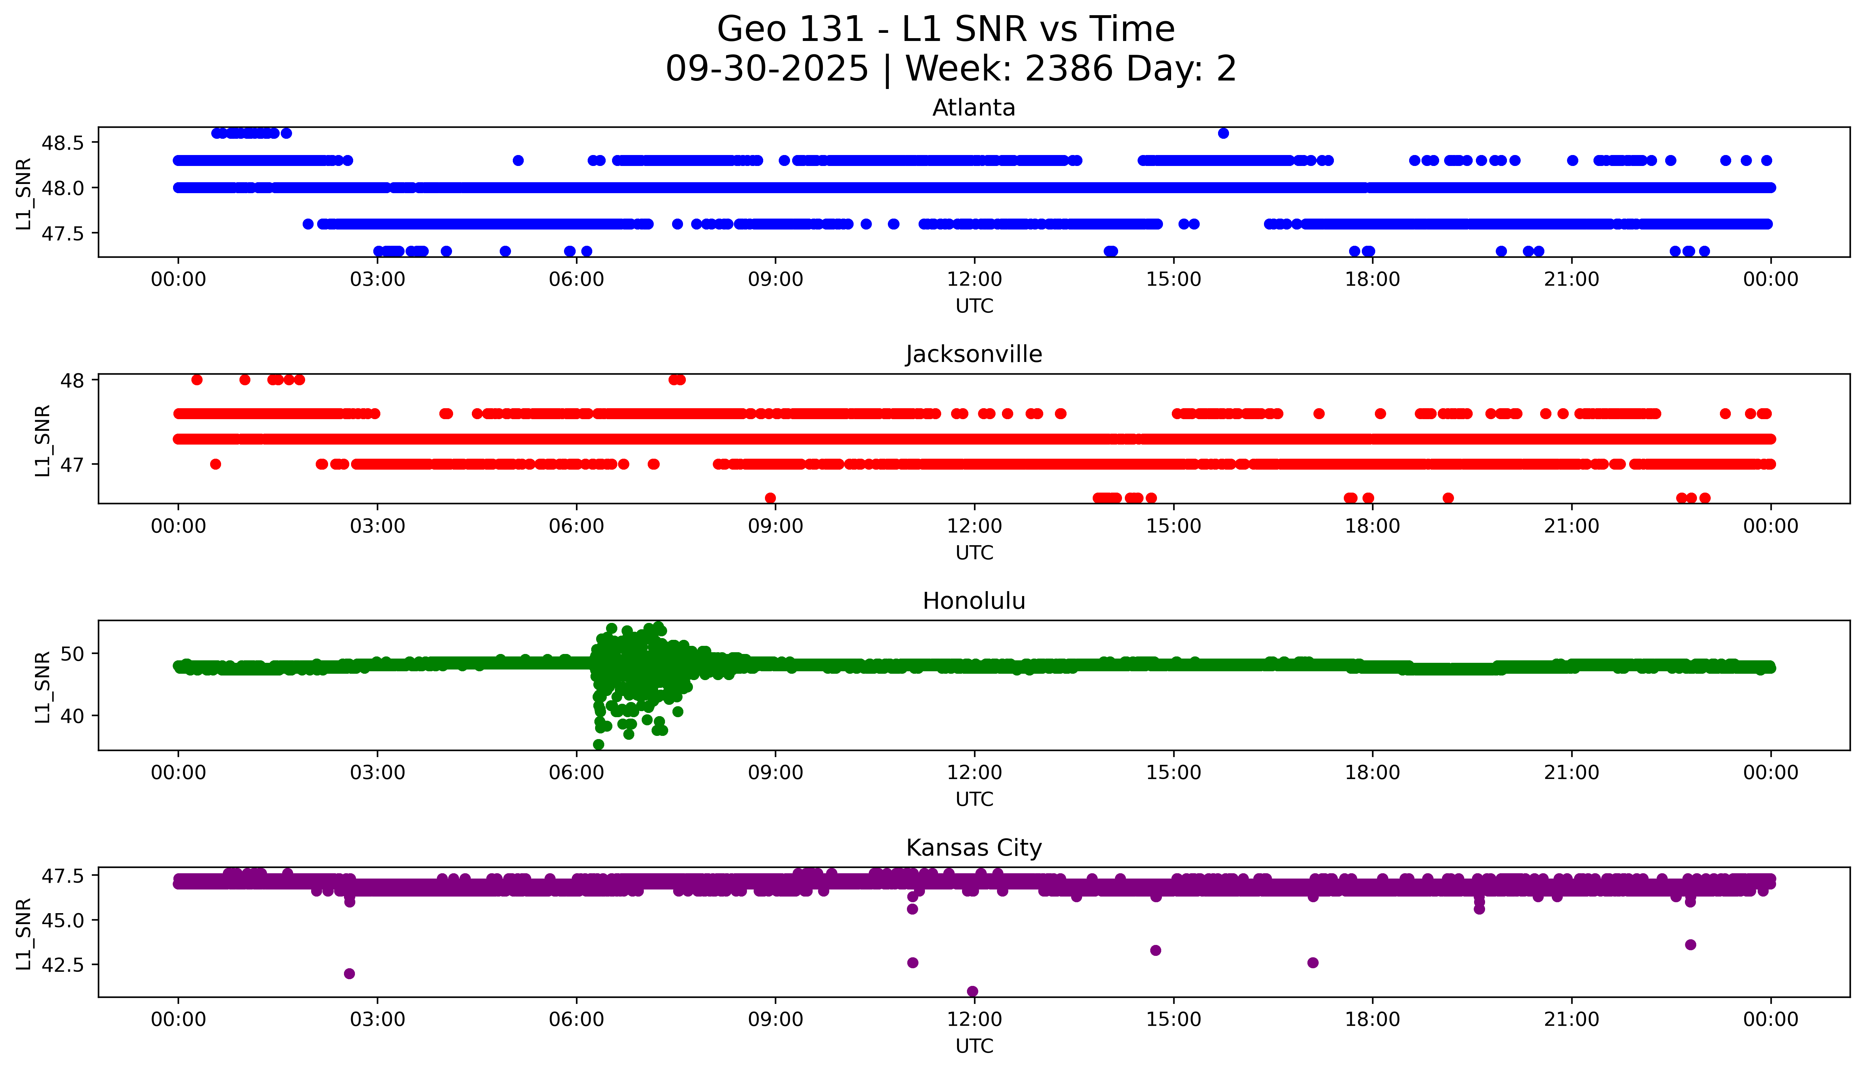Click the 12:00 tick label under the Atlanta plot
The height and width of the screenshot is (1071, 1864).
(974, 280)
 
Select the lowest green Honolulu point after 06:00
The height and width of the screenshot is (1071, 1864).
(599, 744)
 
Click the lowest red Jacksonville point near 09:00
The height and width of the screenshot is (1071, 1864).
(770, 498)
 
